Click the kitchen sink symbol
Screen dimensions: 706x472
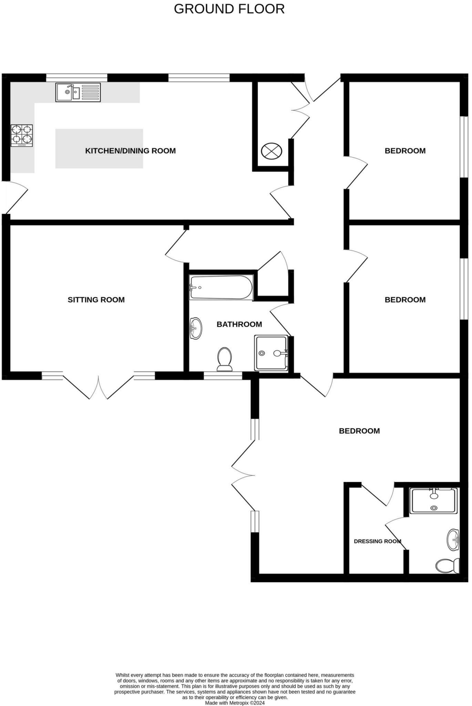pyautogui.click(x=78, y=92)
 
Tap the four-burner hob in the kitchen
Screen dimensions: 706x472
pyautogui.click(x=22, y=135)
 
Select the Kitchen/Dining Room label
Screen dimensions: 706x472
pyautogui.click(x=130, y=151)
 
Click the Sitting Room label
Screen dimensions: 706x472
pyautogui.click(x=96, y=300)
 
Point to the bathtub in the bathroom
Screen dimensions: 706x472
pyautogui.click(x=221, y=287)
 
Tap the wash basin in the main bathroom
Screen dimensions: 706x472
pyautogui.click(x=196, y=328)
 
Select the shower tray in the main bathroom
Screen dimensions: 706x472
pyautogui.click(x=271, y=353)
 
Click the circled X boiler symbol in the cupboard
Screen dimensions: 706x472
pyautogui.click(x=271, y=151)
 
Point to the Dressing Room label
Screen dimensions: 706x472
pyautogui.click(x=378, y=541)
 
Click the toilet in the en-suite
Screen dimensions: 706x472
pyautogui.click(x=448, y=565)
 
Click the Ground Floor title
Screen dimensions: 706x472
pyautogui.click(x=229, y=9)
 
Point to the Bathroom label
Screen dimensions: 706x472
pyautogui.click(x=239, y=324)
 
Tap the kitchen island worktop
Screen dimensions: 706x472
pyautogui.click(x=99, y=149)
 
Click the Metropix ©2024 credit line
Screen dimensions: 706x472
pyautogui.click(x=235, y=703)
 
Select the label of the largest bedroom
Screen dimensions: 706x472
pyautogui.click(x=359, y=431)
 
